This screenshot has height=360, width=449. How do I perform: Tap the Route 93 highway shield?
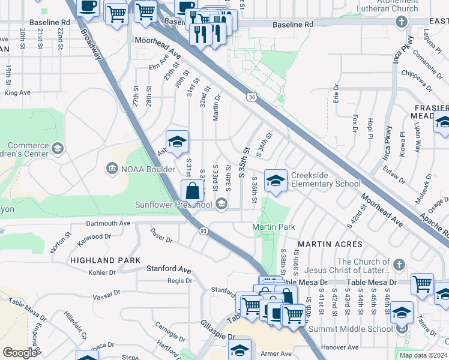click(203, 230)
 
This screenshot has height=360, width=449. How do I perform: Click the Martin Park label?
click(273, 227)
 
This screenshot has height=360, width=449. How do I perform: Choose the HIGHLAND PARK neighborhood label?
click(105, 260)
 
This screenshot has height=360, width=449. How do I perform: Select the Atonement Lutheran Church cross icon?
click(402, 23)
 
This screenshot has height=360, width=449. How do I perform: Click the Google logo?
click(19, 353)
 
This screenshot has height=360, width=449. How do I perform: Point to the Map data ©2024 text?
click(423, 355)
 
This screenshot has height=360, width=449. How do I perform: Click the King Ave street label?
click(17, 93)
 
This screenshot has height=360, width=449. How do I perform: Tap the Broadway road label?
click(91, 44)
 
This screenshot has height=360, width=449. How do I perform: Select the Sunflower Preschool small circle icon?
click(221, 205)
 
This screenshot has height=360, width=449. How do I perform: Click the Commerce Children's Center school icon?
click(58, 148)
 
